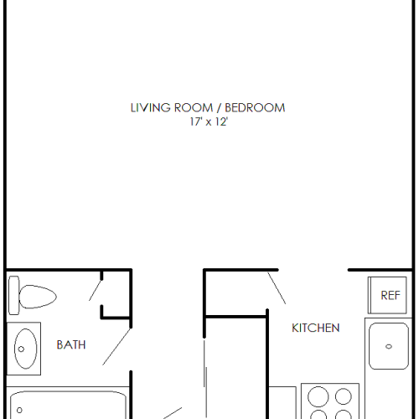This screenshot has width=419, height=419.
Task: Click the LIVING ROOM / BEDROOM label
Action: click(208, 108)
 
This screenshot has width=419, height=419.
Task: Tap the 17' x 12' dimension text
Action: click(209, 122)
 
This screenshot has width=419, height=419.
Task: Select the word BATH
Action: click(71, 345)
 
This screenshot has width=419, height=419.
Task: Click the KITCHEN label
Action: click(316, 328)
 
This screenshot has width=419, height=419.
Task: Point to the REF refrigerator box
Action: click(387, 295)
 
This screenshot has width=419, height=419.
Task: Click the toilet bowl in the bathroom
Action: click(38, 297)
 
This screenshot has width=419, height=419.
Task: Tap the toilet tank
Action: click(13, 295)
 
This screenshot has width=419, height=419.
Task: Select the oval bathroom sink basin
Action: click(25, 349)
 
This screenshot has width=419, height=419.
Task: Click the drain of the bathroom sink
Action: click(21, 349)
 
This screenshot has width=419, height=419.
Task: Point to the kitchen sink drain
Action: click(389, 347)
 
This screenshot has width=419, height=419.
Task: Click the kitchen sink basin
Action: click(389, 346)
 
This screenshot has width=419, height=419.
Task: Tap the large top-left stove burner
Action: click(318, 396)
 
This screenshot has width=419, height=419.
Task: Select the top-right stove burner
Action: click(344, 396)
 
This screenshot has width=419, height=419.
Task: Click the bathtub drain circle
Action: click(19, 410)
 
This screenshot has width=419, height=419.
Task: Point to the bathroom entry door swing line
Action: click(116, 347)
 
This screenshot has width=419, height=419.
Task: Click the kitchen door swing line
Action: click(277, 288)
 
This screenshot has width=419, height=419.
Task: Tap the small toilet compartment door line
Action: click(96, 290)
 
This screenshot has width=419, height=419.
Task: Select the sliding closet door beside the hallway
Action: click(205, 379)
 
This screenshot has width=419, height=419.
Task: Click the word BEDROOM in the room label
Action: click(255, 108)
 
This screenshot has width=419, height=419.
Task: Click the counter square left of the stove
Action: click(282, 402)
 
